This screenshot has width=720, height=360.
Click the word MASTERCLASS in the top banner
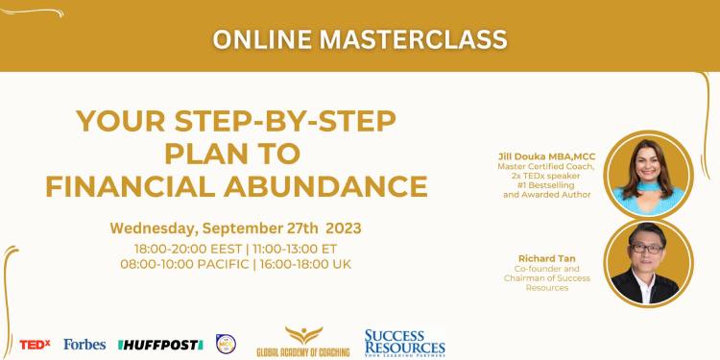(x=414, y=39)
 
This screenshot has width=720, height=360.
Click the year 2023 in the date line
(x=344, y=228)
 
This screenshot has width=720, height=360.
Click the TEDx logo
(x=36, y=344)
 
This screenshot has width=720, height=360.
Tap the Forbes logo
(x=84, y=344)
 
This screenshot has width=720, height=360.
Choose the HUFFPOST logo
(x=159, y=344)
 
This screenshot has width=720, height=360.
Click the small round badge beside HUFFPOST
(x=226, y=343)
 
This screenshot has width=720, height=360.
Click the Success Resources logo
(x=404, y=342)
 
